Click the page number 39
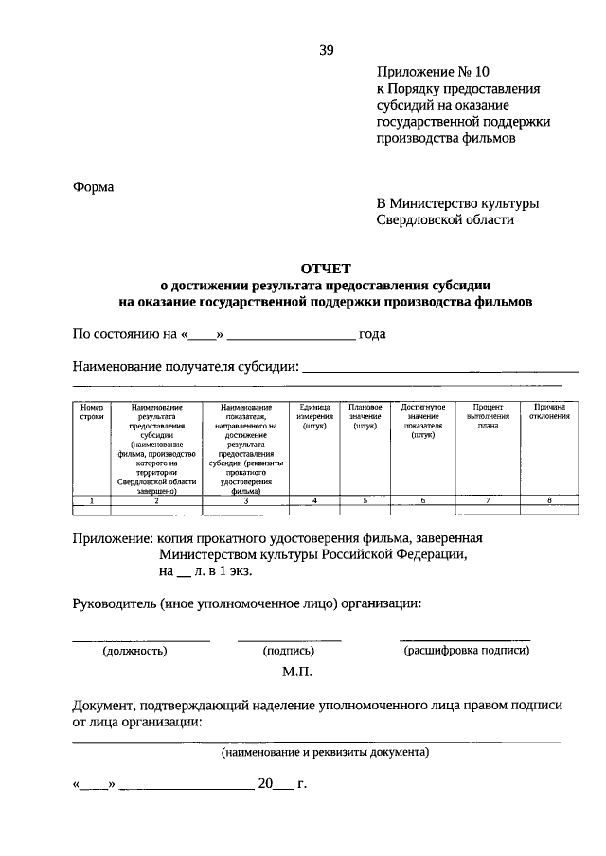[326, 51]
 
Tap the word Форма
[93, 187]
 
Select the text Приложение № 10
[434, 71]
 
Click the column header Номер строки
[92, 411]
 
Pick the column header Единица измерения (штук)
[313, 416]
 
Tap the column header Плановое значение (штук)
[365, 416]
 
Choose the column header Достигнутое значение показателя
[423, 422]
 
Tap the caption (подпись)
[290, 651]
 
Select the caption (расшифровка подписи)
[466, 651]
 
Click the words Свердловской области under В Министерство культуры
[445, 219]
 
